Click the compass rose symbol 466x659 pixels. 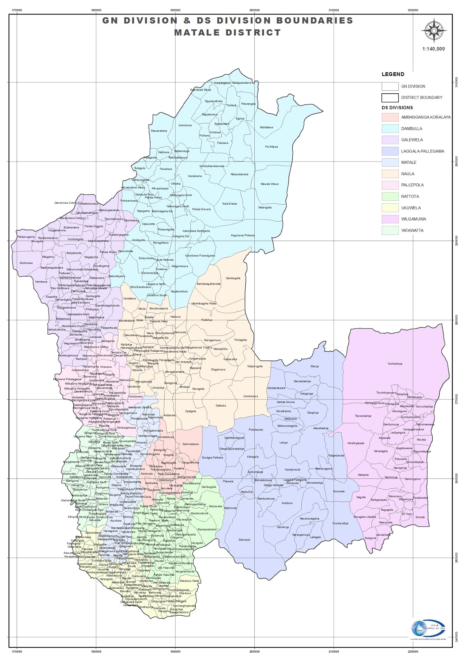(x=434, y=31)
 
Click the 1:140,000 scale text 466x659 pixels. (x=434, y=49)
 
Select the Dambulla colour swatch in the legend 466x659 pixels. (x=390, y=128)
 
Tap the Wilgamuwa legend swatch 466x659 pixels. (x=390, y=219)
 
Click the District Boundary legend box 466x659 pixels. (x=390, y=97)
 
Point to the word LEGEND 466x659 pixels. (x=393, y=74)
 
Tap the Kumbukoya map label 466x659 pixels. (x=395, y=364)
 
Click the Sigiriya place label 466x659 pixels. (x=240, y=119)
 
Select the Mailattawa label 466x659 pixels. (x=266, y=127)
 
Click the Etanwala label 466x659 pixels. (x=244, y=540)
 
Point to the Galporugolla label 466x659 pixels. (x=255, y=366)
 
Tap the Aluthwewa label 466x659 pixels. (x=26, y=263)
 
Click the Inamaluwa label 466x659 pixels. (x=185, y=125)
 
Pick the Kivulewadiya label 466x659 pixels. (x=340, y=523)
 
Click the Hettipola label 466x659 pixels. (x=363, y=475)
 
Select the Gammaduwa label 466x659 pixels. (x=190, y=444)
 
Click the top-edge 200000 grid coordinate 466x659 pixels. (x=254, y=10)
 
